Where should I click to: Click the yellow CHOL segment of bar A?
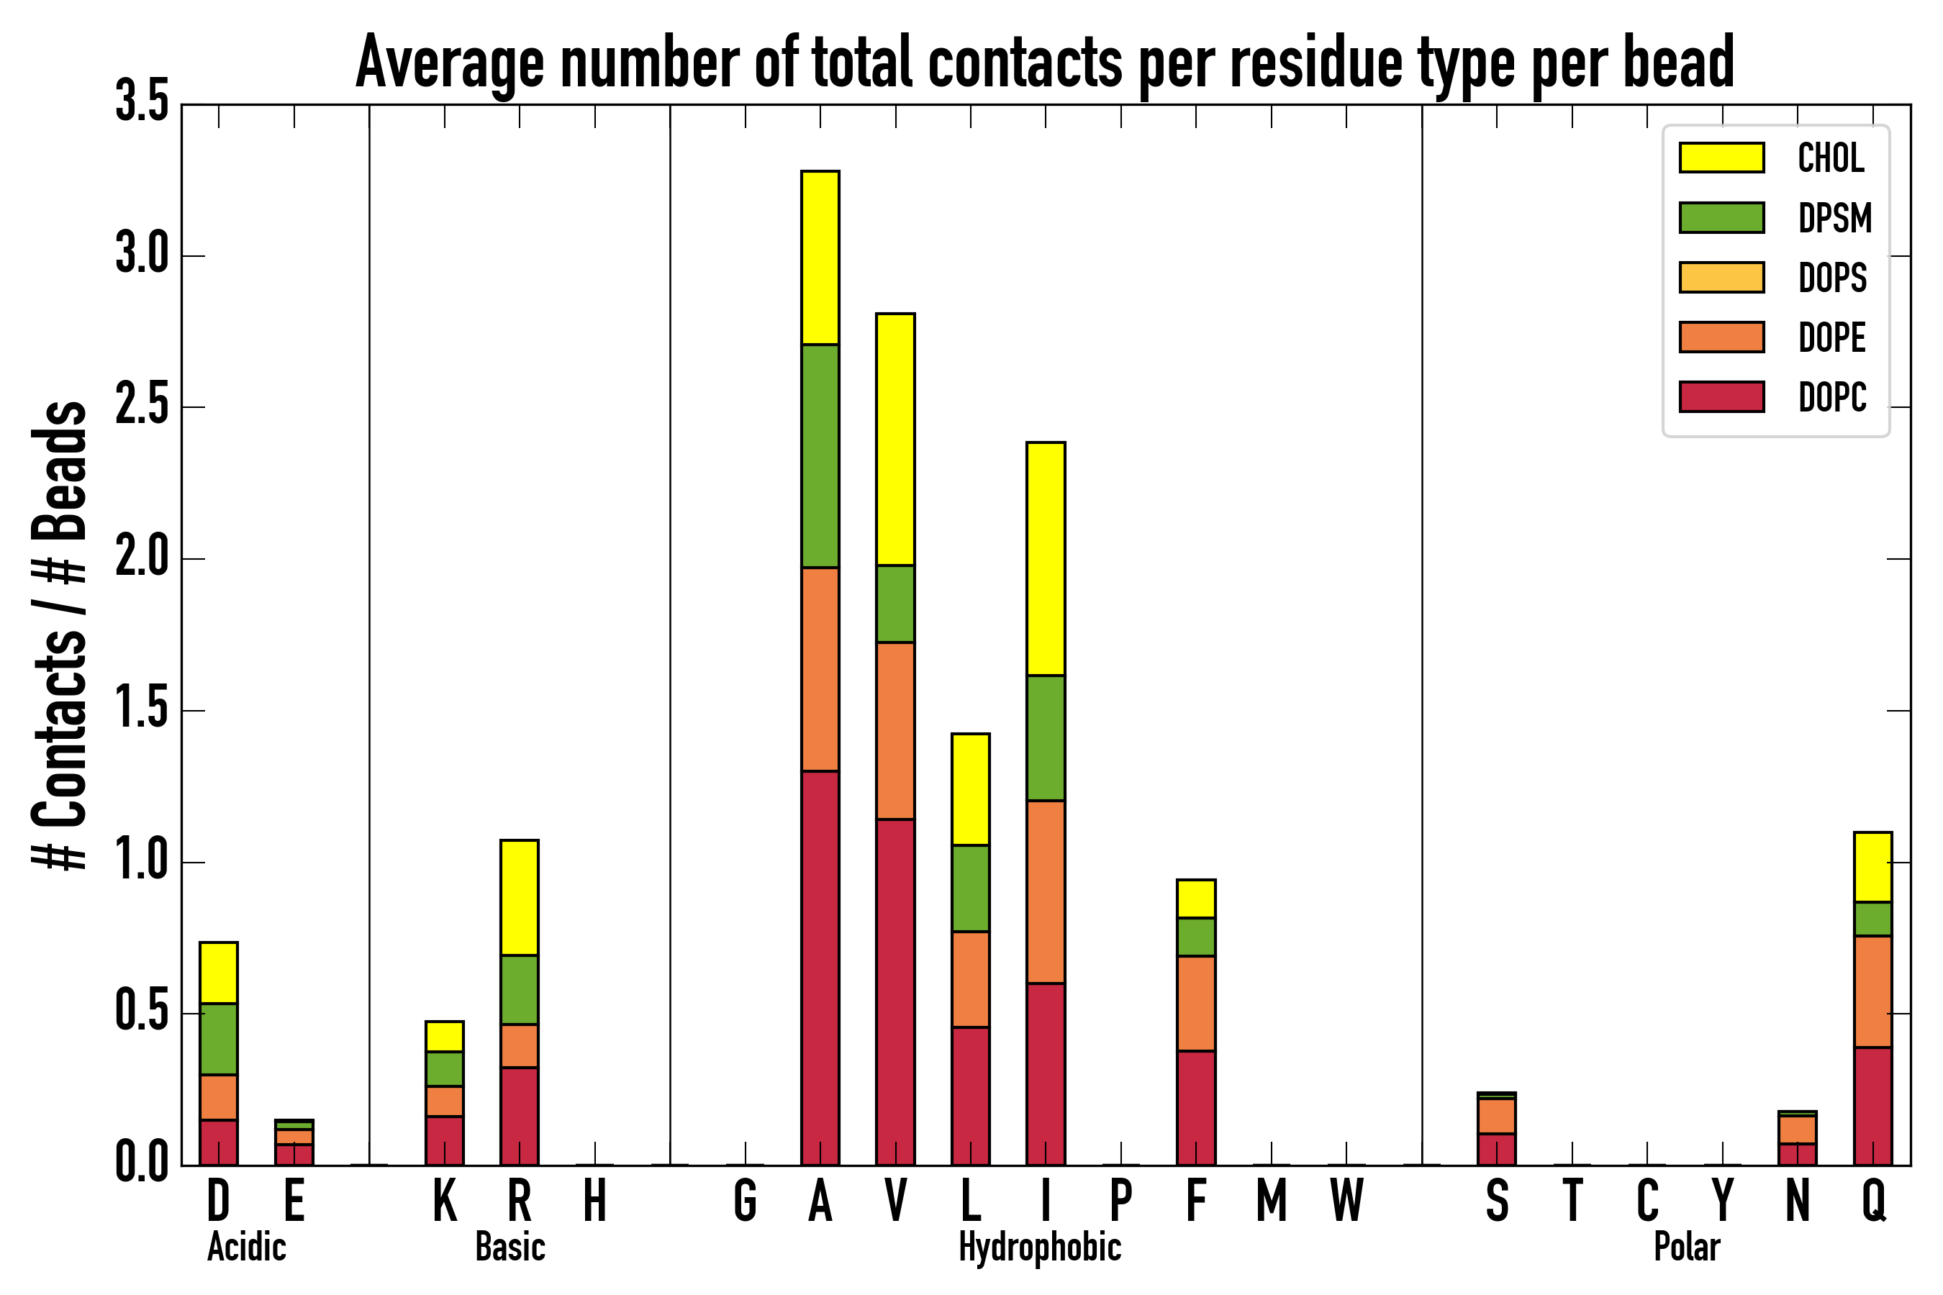point(820,258)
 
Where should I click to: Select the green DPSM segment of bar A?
point(820,456)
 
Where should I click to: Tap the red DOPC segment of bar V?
point(895,992)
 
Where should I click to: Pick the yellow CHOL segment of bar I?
point(1046,559)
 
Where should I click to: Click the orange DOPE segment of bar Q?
point(1872,992)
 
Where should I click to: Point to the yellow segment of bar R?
point(520,898)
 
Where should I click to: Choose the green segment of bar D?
point(219,1039)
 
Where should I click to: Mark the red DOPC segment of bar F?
point(1196,1107)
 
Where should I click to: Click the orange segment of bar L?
point(971,979)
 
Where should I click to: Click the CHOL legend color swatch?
point(1721,158)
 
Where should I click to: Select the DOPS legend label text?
point(1832,278)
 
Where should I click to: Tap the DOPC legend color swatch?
point(1721,396)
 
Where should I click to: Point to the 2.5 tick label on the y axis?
point(142,407)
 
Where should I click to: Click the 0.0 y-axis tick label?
point(142,1163)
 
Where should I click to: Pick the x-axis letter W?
point(1346,1200)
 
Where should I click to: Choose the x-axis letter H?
point(595,1200)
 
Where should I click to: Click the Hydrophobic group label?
point(1039,1247)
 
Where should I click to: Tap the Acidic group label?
point(247,1247)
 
